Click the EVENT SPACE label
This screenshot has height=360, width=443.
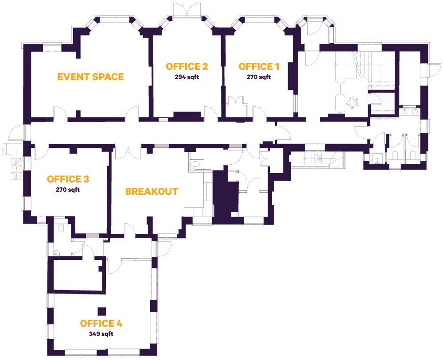(x=90, y=77)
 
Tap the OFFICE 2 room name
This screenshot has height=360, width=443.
(x=187, y=66)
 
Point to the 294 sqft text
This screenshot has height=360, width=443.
(x=187, y=77)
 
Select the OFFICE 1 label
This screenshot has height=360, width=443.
(x=259, y=66)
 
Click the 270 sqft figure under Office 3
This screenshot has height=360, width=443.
(x=68, y=190)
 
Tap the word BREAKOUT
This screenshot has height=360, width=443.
(x=152, y=192)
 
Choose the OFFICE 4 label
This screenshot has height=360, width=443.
(x=101, y=323)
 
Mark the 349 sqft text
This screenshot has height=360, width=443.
(x=101, y=334)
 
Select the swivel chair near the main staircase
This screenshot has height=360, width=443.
(x=353, y=103)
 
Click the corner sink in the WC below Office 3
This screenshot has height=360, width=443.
(x=56, y=253)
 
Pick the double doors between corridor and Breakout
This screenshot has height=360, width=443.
(x=128, y=151)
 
